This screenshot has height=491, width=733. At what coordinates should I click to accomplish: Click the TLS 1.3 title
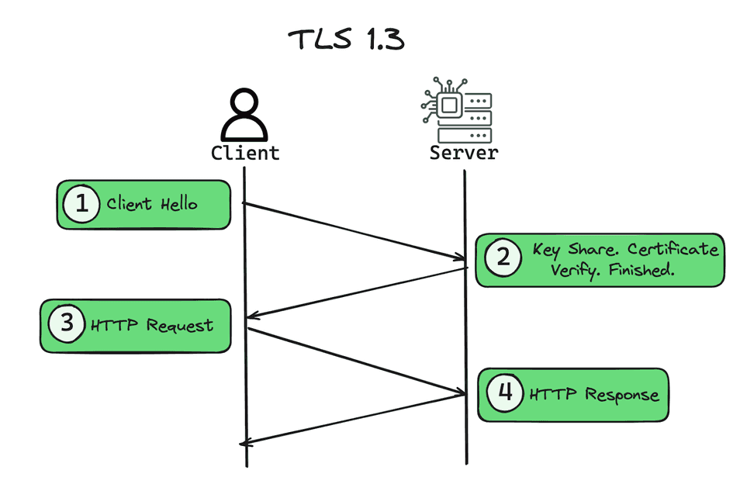pos(346,40)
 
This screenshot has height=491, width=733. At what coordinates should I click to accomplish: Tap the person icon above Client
pos(245,114)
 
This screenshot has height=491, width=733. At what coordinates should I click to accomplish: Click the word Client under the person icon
pos(245,153)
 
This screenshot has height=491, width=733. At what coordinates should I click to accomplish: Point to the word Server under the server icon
pos(464,153)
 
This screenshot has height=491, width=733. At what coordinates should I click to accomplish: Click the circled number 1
pos(81,205)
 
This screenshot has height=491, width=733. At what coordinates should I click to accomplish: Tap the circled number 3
pos(67,323)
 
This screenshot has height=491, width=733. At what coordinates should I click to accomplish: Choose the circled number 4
pos(505,393)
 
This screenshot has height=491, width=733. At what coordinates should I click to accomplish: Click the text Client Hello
pos(152,205)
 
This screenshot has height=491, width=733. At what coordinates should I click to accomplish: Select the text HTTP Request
pos(151,325)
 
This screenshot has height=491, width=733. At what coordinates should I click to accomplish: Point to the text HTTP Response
pos(593,395)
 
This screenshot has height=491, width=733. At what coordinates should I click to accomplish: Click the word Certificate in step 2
pos(672,250)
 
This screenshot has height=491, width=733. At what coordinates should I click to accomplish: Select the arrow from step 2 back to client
pos(357,292)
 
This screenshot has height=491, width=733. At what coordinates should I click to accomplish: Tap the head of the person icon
pos(245,102)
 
